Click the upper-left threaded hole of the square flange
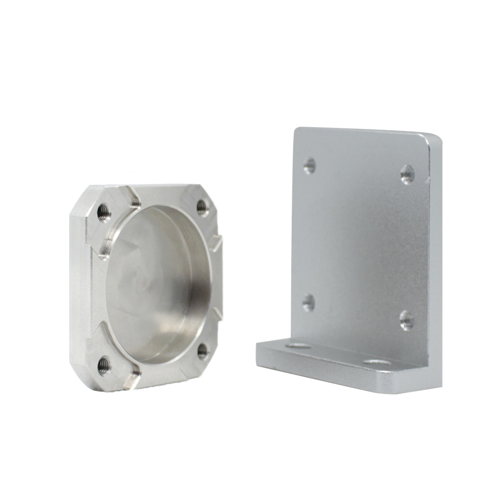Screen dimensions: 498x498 [x=104, y=212]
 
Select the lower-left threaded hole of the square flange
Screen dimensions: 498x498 [x=105, y=365]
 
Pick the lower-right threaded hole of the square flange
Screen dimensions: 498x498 [x=203, y=351]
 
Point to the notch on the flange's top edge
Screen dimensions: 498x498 [x=133, y=199]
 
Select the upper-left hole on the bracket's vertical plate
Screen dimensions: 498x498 [x=310, y=165]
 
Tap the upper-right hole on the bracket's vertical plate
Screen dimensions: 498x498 [x=407, y=174]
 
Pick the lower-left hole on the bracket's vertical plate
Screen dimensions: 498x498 [x=309, y=302]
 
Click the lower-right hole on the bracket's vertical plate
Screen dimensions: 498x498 [x=406, y=320]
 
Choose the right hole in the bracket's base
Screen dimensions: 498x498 [x=377, y=361]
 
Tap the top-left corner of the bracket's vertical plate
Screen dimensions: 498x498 [x=297, y=131]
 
